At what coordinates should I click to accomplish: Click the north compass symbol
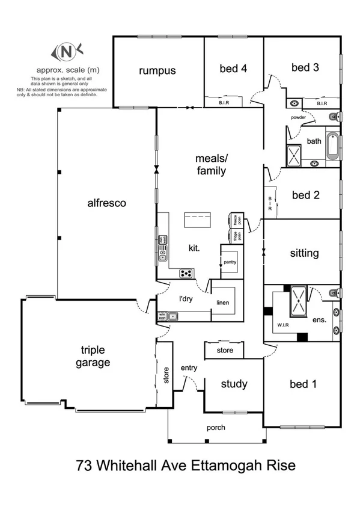(x=62, y=52)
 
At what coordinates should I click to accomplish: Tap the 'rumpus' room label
(x=157, y=70)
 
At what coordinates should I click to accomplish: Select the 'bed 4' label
(x=233, y=69)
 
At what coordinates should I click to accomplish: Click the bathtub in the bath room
(x=332, y=147)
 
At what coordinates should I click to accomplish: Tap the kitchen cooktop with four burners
(x=187, y=274)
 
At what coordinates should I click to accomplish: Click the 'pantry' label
(x=230, y=262)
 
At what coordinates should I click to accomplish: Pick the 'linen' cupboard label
(x=222, y=303)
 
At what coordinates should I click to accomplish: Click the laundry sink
(x=172, y=315)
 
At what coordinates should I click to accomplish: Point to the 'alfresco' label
(x=106, y=203)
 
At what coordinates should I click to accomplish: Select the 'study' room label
(x=234, y=384)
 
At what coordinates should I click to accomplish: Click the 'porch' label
(x=215, y=428)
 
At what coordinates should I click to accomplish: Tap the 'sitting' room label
(x=304, y=253)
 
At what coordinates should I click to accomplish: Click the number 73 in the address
(x=85, y=465)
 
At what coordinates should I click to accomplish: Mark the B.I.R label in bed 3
(x=322, y=103)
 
